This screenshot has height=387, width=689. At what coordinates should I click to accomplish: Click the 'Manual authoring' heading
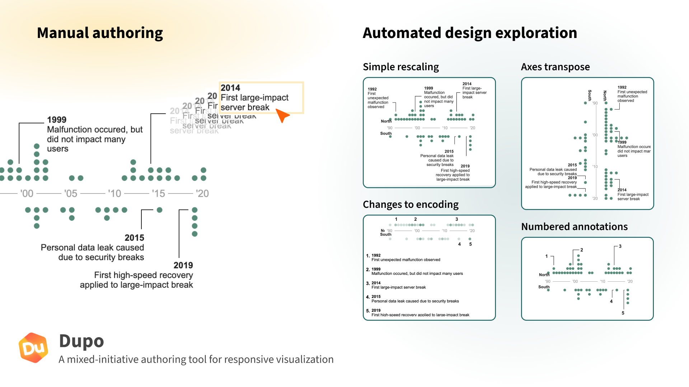click(100, 33)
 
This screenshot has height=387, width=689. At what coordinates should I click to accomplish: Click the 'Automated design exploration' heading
click(469, 33)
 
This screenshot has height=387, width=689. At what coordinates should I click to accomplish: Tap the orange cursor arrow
click(283, 115)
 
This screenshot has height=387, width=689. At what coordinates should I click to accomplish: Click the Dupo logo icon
click(33, 347)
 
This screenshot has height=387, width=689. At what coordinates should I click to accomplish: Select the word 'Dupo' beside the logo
click(81, 341)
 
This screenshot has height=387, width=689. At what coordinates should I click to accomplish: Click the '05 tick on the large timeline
click(71, 193)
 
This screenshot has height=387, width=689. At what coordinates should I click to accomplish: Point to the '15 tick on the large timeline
click(158, 193)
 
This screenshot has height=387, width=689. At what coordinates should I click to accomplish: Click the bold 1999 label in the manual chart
click(57, 120)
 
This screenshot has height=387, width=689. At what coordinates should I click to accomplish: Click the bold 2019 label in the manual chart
click(183, 265)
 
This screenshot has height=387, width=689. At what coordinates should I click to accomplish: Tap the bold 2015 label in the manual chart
click(134, 238)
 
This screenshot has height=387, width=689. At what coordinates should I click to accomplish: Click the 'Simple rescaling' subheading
click(400, 67)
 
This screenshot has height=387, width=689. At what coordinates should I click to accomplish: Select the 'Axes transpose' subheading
click(555, 67)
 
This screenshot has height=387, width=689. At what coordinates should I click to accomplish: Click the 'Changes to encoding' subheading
click(411, 205)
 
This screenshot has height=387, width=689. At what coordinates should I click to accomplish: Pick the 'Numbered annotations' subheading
click(574, 227)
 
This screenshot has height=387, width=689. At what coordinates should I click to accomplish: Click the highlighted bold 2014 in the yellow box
click(230, 88)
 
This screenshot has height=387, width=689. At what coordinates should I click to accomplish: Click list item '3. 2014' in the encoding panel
click(374, 283)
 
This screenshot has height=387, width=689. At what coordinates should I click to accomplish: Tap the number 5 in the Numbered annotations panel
click(623, 313)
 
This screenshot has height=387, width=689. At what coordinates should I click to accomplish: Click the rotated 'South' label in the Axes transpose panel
click(590, 95)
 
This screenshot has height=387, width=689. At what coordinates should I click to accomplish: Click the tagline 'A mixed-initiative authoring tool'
click(196, 359)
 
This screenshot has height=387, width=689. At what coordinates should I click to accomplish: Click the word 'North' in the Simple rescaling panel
click(386, 121)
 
